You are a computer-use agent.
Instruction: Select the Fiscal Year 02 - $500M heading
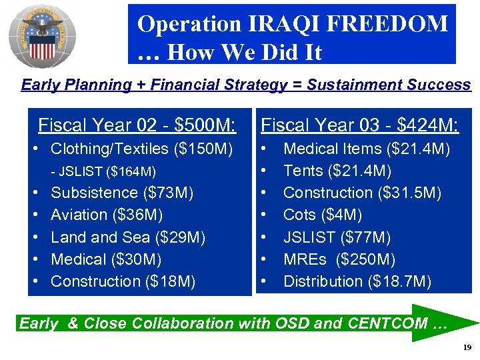click(x=137, y=125)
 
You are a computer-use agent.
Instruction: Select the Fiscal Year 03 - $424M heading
click(x=359, y=125)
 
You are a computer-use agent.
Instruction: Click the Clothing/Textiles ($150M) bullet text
click(x=141, y=149)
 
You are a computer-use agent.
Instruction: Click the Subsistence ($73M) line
click(x=122, y=193)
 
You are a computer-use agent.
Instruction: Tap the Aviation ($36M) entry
click(x=107, y=215)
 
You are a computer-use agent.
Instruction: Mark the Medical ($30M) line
click(x=106, y=259)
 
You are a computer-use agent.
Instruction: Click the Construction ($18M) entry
click(x=123, y=281)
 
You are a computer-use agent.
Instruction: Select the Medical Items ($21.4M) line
click(x=366, y=149)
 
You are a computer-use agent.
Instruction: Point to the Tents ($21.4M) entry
click(x=337, y=171)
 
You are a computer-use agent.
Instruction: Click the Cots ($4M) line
click(x=323, y=215)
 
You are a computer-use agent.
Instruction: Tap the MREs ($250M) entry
click(x=339, y=259)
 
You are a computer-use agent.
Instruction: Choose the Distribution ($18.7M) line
click(x=357, y=281)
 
